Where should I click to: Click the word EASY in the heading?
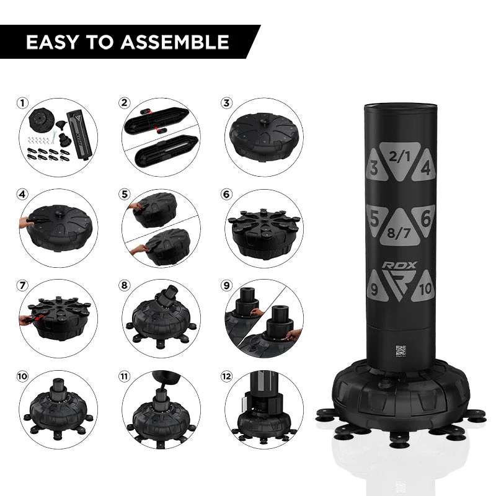point(52,42)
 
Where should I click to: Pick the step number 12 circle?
point(227,377)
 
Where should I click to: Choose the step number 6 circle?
point(227,194)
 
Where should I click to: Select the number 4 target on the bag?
point(425,168)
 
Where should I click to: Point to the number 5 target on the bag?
point(374,218)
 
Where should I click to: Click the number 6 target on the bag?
point(425,218)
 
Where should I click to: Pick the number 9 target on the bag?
point(374,288)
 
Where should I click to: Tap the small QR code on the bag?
point(400,348)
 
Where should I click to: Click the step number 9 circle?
point(227,286)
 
